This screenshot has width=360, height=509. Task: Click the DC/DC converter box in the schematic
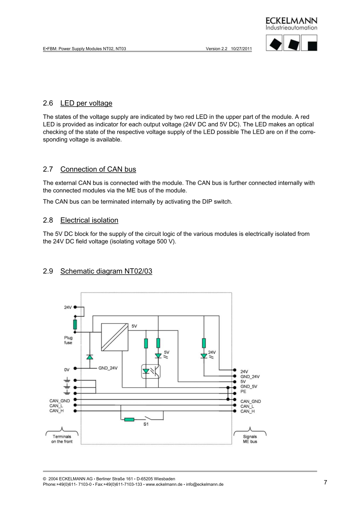(115, 337)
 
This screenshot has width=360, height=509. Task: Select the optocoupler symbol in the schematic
(151, 371)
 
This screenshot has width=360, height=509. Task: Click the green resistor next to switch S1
(130, 419)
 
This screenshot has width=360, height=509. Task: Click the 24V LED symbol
(204, 356)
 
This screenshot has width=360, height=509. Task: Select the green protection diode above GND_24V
(89, 357)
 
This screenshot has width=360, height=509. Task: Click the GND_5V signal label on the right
(249, 387)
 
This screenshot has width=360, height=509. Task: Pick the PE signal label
(243, 391)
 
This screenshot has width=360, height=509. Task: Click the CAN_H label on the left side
(56, 411)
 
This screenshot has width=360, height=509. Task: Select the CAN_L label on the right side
(247, 406)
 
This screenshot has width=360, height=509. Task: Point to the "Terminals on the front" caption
(62, 439)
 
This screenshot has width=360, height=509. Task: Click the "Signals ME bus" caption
(250, 439)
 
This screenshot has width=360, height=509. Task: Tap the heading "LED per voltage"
(86, 103)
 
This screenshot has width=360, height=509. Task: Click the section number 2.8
(48, 220)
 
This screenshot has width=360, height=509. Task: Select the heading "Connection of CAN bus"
(98, 169)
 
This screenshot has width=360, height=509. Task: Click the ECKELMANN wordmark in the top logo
(291, 21)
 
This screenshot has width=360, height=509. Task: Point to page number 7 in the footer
(325, 483)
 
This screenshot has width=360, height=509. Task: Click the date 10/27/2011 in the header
(241, 48)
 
